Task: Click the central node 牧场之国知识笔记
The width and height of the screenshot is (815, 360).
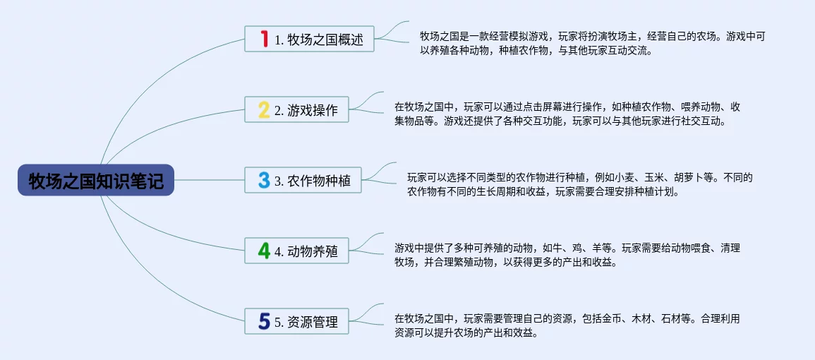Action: tap(96, 180)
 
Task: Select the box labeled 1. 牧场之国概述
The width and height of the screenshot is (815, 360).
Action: tap(309, 39)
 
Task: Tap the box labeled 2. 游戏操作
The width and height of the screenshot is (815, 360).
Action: tap(296, 109)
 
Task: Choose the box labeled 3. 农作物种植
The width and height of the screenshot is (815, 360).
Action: tap(303, 180)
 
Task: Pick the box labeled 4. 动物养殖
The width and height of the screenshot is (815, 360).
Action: tap(296, 251)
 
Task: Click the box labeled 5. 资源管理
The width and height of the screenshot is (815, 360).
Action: tap(296, 321)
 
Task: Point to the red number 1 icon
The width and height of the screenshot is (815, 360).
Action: tap(264, 39)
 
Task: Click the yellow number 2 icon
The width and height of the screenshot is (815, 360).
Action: tap(264, 110)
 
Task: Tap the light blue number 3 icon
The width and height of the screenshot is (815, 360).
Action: tap(264, 181)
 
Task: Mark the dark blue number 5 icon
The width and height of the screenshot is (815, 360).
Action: tap(264, 321)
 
